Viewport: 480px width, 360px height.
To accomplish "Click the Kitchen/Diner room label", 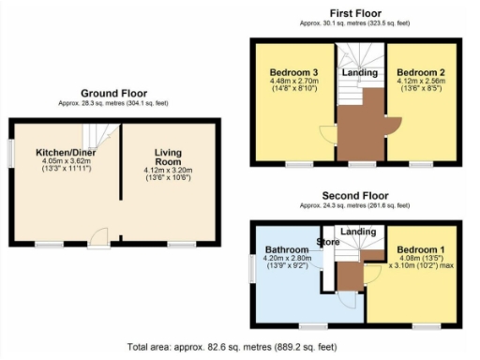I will (x=62, y=152).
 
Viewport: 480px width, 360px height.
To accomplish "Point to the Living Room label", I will (x=167, y=156).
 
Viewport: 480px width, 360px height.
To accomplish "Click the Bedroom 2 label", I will (x=419, y=72).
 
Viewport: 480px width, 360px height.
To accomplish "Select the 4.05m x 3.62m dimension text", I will (x=62, y=160).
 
